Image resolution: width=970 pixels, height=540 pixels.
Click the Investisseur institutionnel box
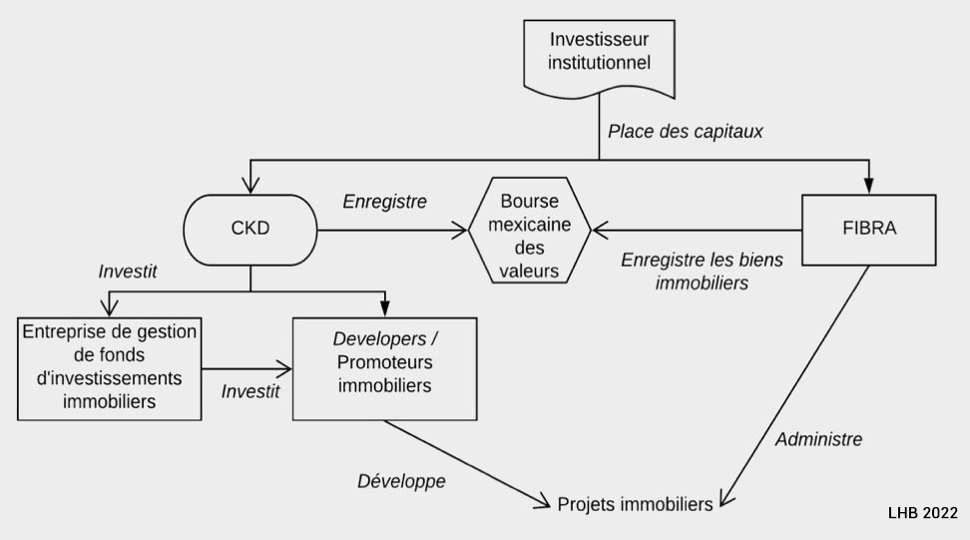599,52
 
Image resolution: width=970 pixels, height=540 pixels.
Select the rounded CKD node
249,230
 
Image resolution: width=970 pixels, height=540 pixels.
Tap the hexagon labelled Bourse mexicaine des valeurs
529,230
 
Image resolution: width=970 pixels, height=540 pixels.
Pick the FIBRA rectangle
869,229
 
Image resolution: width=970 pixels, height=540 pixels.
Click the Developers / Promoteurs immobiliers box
384,367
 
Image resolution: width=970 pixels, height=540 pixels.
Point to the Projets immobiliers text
635,504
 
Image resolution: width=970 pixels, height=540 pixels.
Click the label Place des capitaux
686,131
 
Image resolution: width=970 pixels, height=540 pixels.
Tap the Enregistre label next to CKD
384,202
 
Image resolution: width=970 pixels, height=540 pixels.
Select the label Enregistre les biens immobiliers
702,270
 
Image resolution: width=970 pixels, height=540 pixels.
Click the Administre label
818,438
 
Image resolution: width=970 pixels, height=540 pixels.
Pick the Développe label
401,481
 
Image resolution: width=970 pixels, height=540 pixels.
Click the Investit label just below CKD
128,271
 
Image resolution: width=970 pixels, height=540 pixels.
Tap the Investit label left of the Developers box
249,391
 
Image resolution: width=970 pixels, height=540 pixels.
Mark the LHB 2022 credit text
922,512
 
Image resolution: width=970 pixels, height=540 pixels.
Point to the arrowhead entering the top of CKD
249,187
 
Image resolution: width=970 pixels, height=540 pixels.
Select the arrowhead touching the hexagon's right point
598,230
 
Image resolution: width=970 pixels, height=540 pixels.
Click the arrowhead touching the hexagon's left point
460,230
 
